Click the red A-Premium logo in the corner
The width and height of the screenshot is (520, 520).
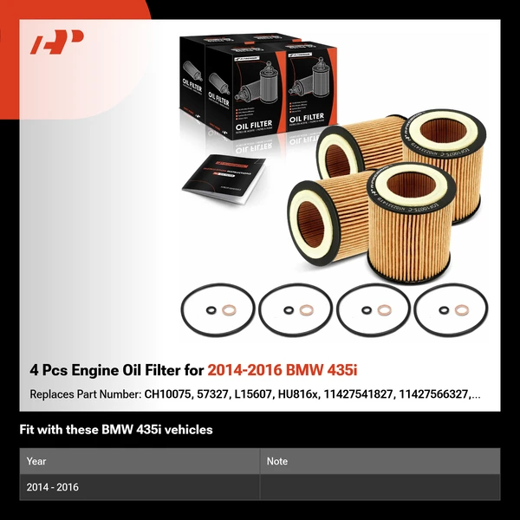click(57, 43)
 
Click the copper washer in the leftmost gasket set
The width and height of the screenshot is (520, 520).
click(228, 310)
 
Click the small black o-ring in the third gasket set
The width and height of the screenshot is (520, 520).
click(367, 310)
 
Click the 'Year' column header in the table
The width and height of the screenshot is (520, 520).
click(36, 461)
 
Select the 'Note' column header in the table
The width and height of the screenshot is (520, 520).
click(277, 461)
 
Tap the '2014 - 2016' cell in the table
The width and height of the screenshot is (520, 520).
click(53, 487)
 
